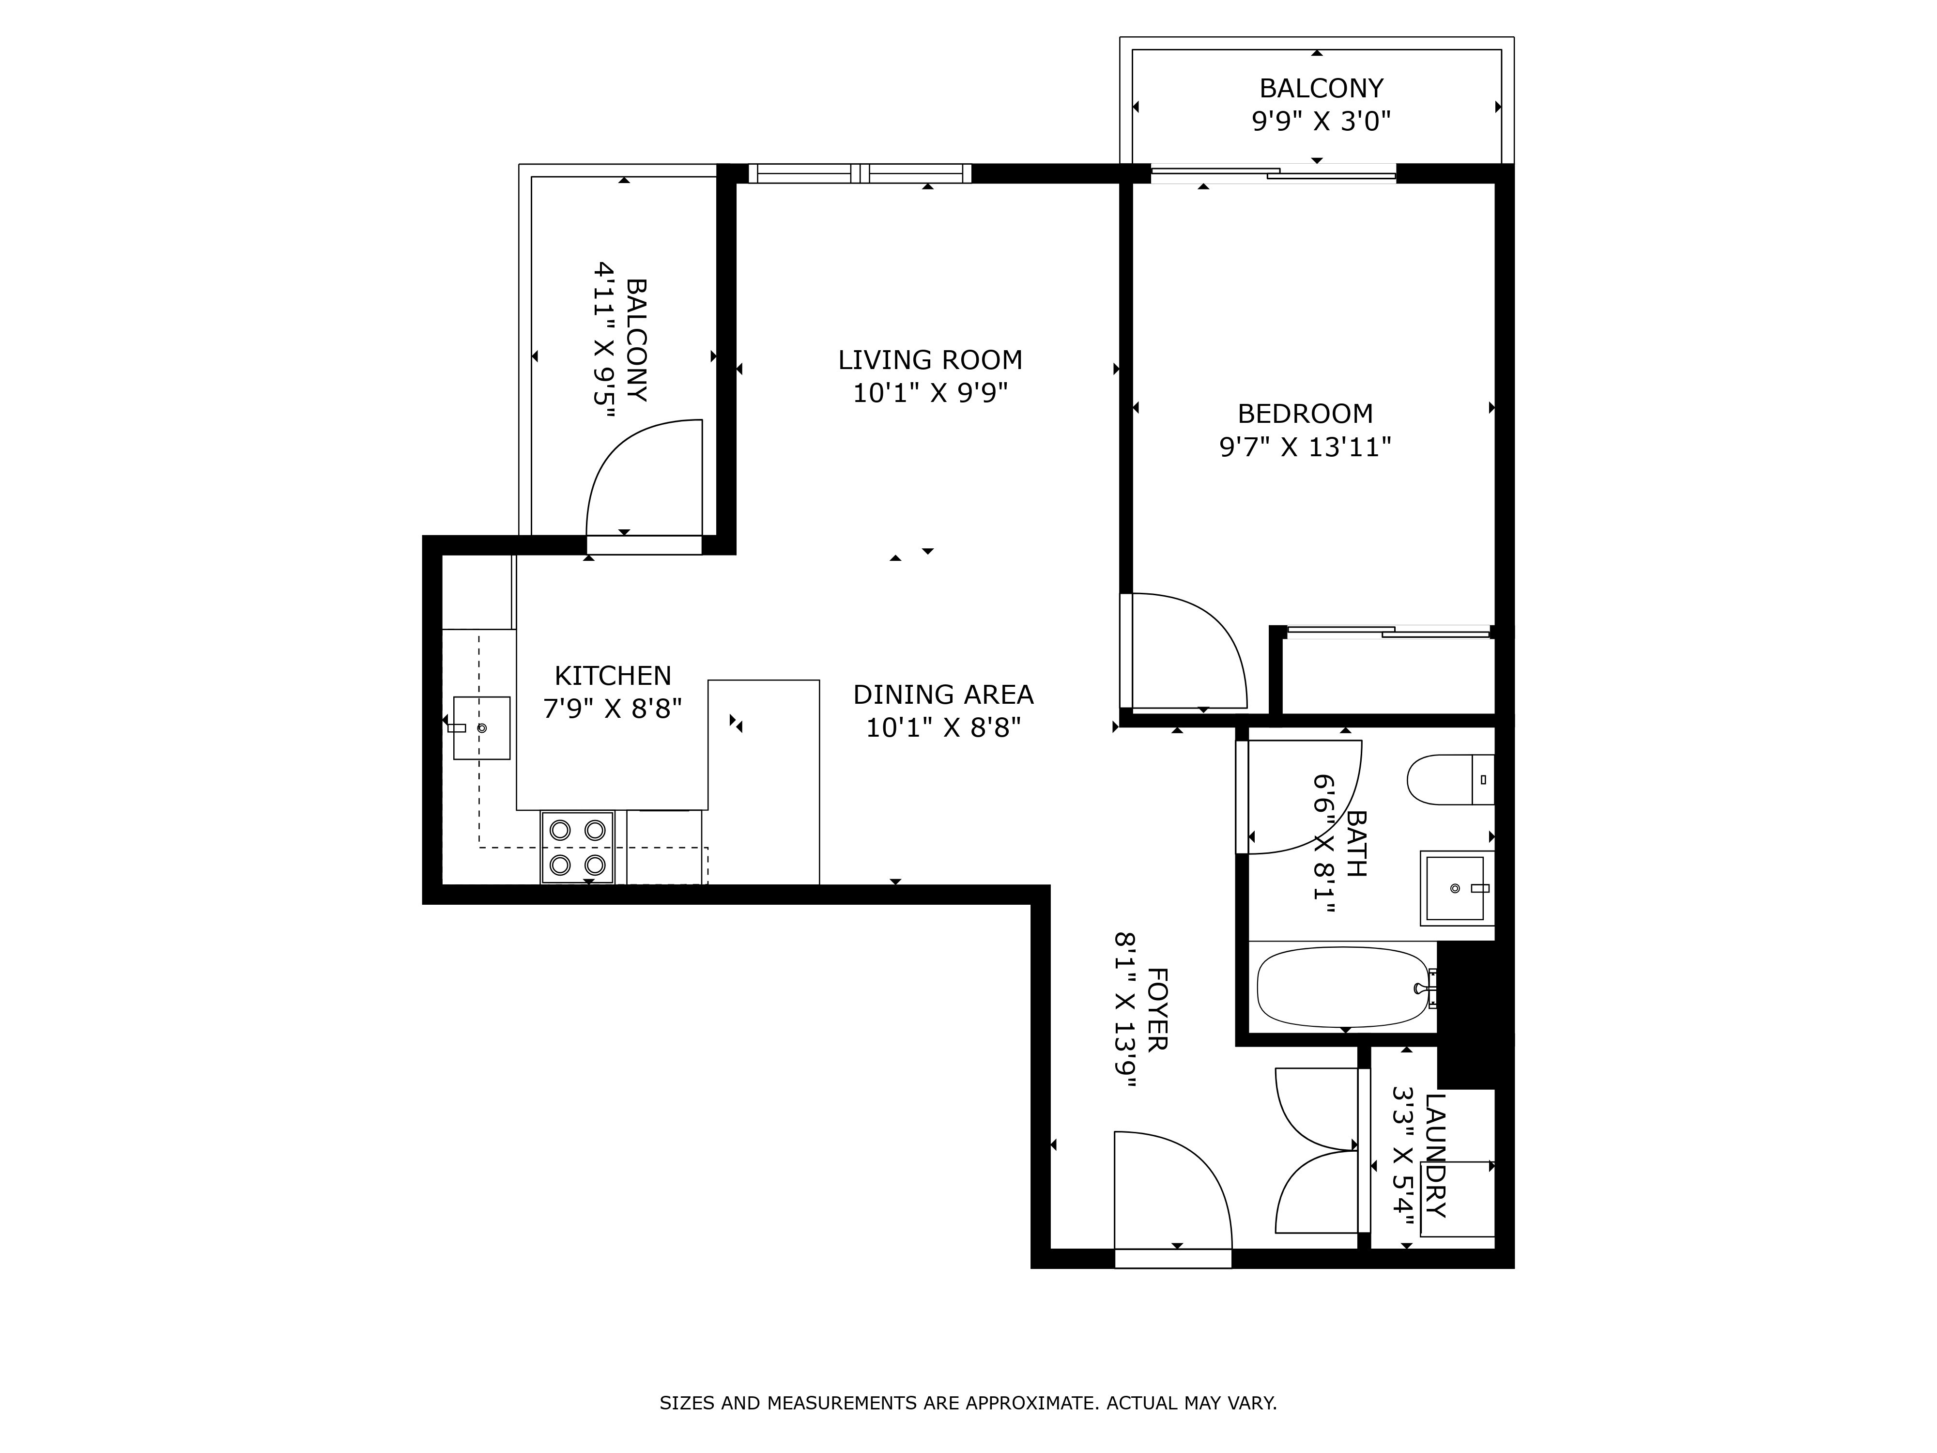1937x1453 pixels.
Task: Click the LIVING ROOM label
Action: (x=930, y=360)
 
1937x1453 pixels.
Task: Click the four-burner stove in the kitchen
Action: (x=577, y=847)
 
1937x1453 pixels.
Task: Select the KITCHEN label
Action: (x=613, y=675)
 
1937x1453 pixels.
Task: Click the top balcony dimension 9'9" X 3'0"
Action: (x=1321, y=121)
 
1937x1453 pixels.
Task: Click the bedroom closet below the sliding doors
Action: (x=1388, y=674)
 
